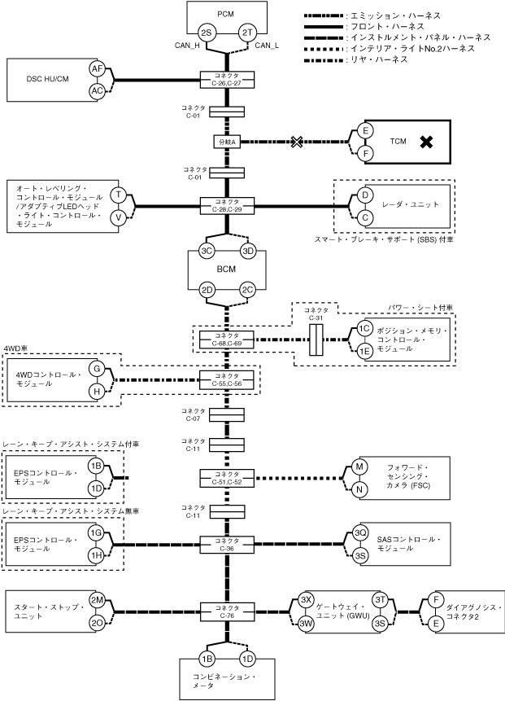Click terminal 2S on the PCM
pos(207,32)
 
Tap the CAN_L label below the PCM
pos(268,46)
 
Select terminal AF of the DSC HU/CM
pos(98,69)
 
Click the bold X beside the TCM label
pos(424,142)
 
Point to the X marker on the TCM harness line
pos(298,142)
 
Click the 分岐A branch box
pos(227,142)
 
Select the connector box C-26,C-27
pos(228,79)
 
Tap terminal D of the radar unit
pos(366,195)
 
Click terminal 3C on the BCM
pos(207,251)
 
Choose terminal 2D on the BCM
pos(207,289)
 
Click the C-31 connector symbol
pos(317,340)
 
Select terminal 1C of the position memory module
pos(364,329)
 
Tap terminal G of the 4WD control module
pos(97,369)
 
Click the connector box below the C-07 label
pos(228,415)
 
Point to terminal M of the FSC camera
pos(359,467)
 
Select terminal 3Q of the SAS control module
pos(361,532)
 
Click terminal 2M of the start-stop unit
pos(97,600)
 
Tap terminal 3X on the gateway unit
pos(306,598)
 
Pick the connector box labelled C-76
pos(228,611)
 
